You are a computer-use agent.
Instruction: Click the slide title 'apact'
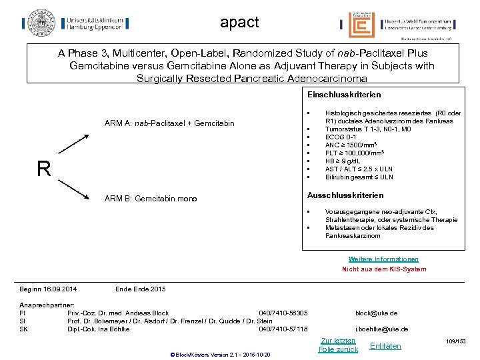[239, 22]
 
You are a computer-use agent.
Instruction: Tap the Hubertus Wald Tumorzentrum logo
[396, 25]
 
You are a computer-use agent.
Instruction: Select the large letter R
[44, 169]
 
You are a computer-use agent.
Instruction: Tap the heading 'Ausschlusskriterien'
[345, 195]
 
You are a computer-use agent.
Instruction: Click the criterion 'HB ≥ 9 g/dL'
[344, 161]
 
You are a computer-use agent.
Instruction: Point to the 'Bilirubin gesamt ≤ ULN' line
[359, 177]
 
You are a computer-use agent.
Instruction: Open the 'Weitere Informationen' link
[383, 259]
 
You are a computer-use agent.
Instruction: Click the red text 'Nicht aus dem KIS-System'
[384, 269]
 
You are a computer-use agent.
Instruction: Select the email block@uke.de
[376, 313]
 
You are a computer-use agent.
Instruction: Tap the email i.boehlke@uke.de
[381, 329]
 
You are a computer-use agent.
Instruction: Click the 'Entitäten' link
[385, 345]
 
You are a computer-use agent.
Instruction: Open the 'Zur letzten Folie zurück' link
[338, 345]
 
